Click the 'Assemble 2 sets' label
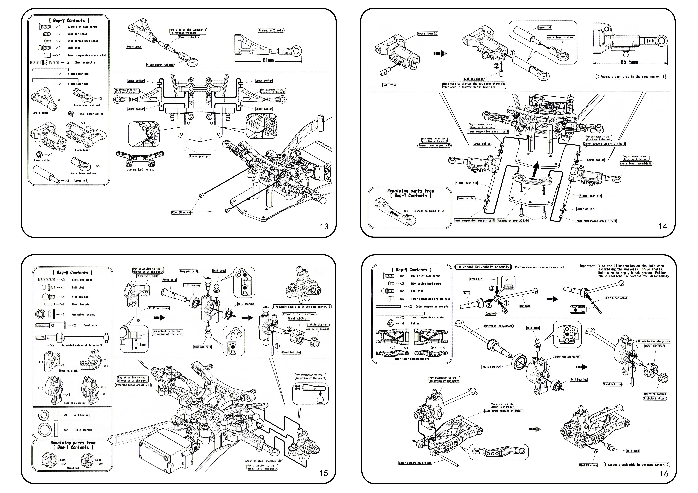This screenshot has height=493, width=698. [x=271, y=30]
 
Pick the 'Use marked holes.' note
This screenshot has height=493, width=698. [x=140, y=169]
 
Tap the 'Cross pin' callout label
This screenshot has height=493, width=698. [x=476, y=279]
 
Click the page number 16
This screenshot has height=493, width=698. [x=664, y=473]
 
